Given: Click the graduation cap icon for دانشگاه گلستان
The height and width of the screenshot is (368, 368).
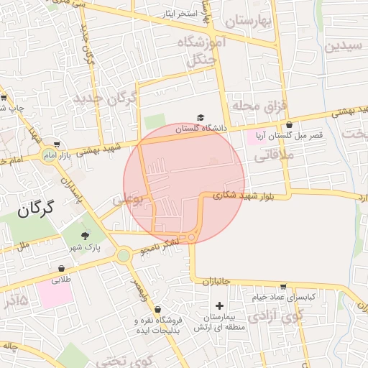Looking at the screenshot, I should [201, 118].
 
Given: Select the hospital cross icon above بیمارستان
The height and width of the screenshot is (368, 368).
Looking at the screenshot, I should [219, 306].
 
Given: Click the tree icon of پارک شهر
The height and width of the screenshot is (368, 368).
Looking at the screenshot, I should [86, 235].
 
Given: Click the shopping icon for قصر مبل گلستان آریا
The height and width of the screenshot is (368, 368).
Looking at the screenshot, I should [289, 124].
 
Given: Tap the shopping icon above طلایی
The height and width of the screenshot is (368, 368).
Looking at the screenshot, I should [60, 270].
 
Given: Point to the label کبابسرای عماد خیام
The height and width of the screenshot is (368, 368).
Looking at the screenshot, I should [283, 296].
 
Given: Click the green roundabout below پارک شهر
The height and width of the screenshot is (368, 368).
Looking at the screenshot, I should [124, 255].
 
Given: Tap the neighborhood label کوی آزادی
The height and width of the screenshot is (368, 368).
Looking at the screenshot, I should [277, 314].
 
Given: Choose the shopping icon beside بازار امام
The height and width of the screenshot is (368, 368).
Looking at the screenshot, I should [57, 144].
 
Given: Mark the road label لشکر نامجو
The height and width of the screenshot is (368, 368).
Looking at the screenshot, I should [155, 247].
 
